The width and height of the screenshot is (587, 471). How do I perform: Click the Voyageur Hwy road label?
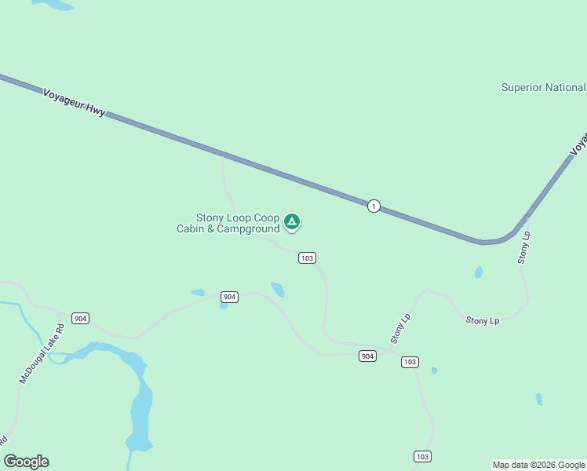pos(74,102)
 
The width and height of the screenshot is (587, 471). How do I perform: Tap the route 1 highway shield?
pos(374,206)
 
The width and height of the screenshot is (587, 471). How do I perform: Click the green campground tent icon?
pos(292,222)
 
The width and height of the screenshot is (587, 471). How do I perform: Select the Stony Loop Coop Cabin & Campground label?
pos(228,223)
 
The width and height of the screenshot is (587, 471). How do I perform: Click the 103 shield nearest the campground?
pos(308,257)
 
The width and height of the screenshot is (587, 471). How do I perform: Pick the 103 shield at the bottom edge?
pos(422,456)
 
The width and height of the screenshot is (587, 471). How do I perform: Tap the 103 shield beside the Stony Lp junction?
pos(410,362)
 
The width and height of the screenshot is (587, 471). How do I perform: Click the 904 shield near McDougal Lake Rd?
pos(80,318)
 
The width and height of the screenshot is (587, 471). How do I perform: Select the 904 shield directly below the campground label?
pos(229,297)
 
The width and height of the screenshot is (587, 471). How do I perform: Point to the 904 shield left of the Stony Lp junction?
pos(367,356)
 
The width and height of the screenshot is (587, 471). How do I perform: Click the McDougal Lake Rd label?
pos(42,352)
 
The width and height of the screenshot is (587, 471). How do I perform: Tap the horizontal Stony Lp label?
pos(483,320)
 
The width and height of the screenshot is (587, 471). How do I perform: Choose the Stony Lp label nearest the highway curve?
pos(524,248)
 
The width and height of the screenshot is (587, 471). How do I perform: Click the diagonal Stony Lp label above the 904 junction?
pos(400,329)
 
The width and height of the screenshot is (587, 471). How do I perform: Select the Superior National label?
pos(543,87)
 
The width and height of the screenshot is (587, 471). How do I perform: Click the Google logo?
pos(27,462)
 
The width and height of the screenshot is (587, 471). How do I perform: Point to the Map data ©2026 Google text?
pos(539,465)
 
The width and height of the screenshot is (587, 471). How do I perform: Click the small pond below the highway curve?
pos(478,272)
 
